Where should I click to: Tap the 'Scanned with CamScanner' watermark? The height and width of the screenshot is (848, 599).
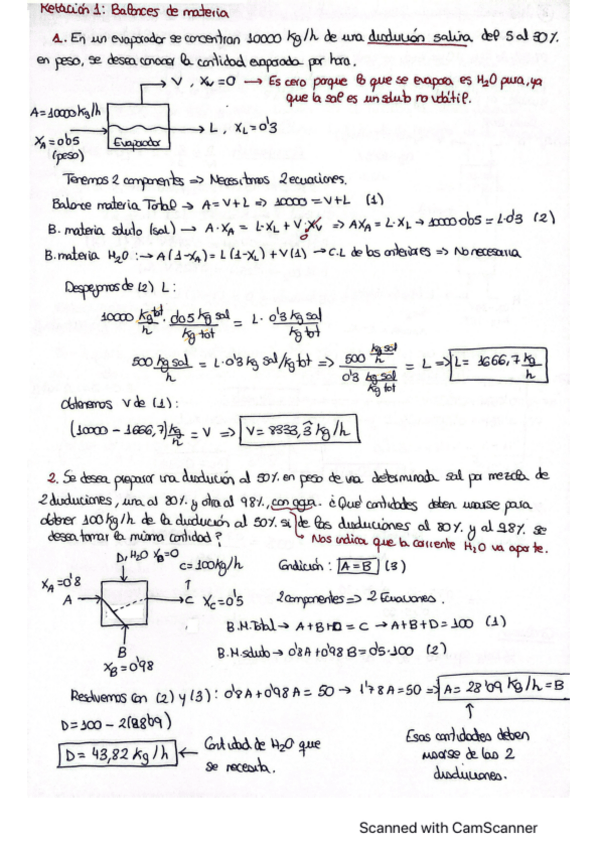448,827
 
